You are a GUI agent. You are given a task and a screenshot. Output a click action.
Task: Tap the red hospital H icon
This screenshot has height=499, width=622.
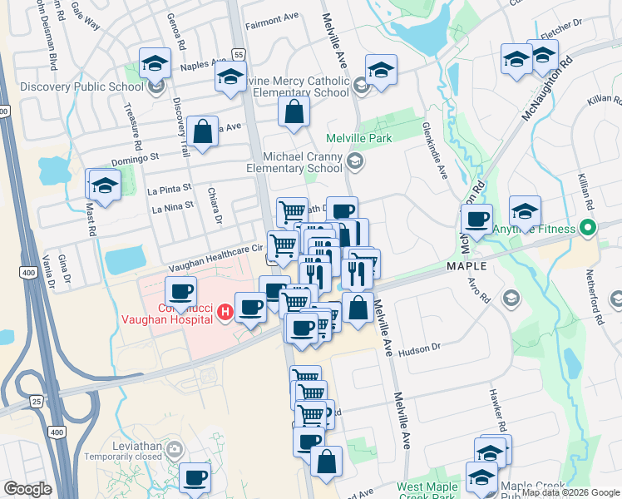pyautogui.click(x=224, y=313)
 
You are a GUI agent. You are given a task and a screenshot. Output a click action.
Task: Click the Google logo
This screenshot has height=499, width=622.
pyautogui.click(x=27, y=489)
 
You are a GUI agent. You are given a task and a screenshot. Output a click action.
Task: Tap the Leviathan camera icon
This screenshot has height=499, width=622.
pyautogui.click(x=175, y=450)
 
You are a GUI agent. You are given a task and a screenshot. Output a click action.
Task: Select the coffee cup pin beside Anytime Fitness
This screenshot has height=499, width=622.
pyautogui.click(x=476, y=220)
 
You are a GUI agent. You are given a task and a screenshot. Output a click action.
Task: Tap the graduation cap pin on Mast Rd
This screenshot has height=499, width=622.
pyautogui.click(x=105, y=185)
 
